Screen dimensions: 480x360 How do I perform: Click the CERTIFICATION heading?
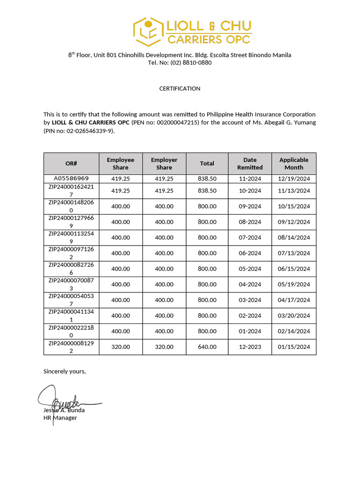(180, 89)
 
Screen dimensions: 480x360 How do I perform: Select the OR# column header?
(71, 164)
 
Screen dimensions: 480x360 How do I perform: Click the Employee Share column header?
(120, 164)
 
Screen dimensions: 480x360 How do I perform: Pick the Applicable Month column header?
(294, 164)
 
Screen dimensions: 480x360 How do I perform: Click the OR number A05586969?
(71, 179)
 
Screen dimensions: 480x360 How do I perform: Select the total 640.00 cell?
(207, 347)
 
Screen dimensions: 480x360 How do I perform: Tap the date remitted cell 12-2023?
(250, 347)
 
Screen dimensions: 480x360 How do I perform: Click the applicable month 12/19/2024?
(294, 179)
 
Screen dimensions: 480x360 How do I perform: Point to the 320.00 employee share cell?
(120, 347)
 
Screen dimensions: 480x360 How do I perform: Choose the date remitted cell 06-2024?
(250, 253)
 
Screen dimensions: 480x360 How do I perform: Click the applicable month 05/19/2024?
(294, 285)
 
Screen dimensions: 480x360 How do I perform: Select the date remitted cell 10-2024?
(250, 191)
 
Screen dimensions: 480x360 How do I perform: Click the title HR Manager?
(60, 418)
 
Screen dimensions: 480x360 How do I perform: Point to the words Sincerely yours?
(65, 371)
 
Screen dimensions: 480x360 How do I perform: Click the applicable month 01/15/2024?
(294, 347)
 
